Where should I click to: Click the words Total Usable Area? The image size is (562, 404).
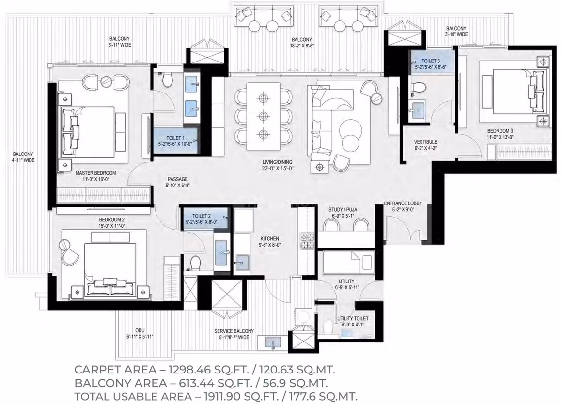(x=133, y=396)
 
